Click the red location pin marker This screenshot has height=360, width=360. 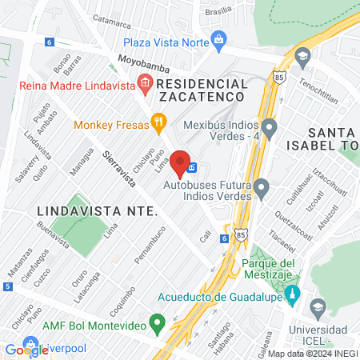click(181, 162)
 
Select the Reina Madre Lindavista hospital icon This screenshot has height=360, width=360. click(145, 82)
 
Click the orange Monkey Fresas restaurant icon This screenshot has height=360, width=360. click(159, 124)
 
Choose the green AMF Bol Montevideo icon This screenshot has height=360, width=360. click(158, 325)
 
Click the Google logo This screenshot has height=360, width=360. click(26, 349)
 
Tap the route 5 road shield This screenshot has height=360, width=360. click(7, 286)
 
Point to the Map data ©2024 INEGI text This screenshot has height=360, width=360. click(312, 354)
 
